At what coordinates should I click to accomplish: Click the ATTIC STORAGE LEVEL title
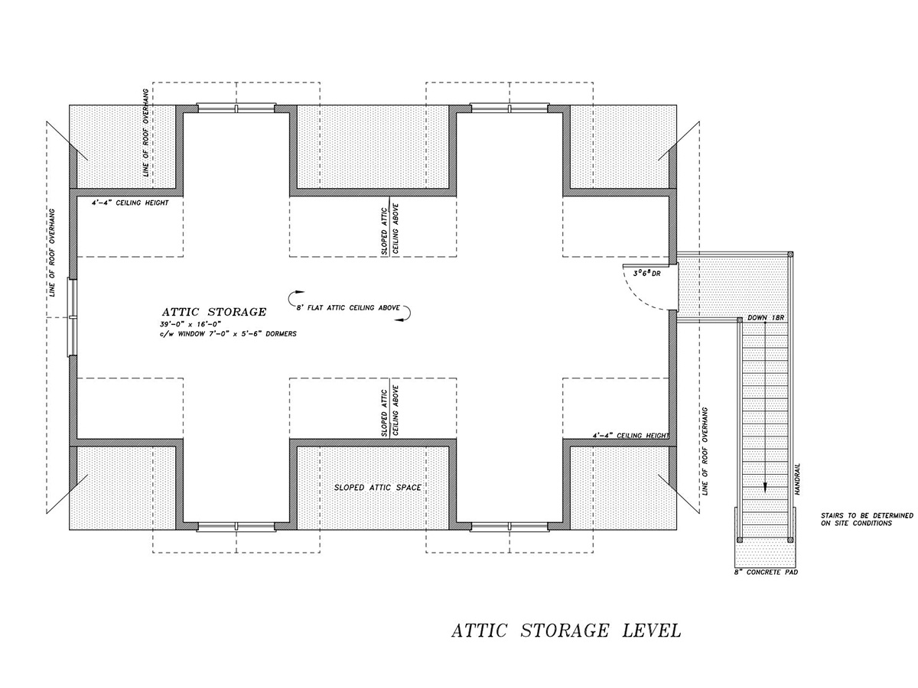565,631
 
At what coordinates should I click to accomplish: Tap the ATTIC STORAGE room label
214,312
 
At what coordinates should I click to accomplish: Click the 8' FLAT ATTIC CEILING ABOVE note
350,307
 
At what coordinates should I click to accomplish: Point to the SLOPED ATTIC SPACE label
377,487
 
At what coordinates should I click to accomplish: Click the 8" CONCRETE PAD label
765,572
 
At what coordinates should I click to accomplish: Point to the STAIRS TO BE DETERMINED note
866,520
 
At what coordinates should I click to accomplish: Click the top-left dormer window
236,109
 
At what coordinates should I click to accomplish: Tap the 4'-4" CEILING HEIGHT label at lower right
630,435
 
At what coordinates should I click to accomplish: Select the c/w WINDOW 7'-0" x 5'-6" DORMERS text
223,334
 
